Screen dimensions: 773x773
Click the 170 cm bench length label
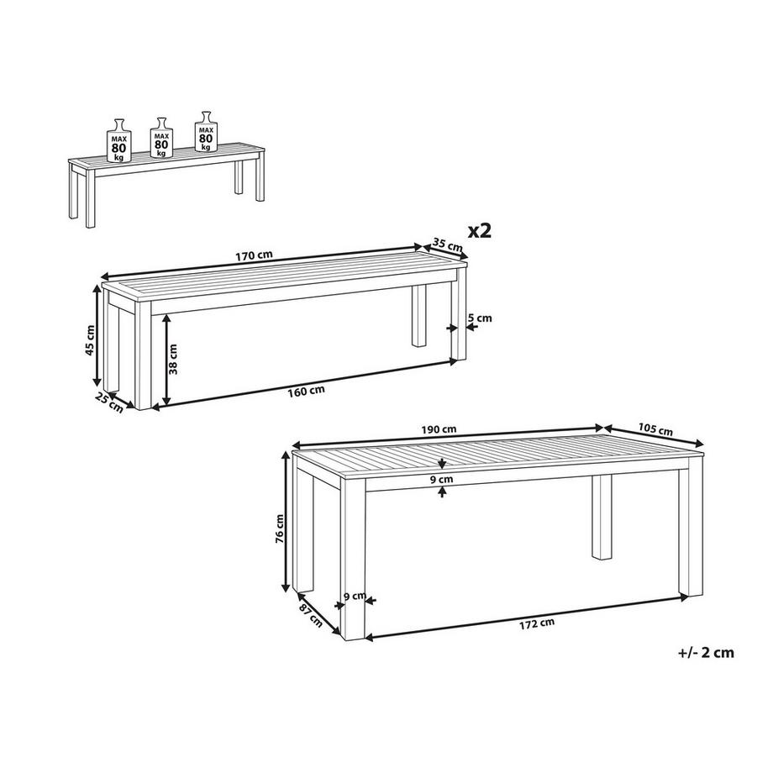[x=254, y=255]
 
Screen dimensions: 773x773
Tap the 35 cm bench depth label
[x=448, y=245]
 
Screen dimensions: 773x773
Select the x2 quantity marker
[x=480, y=231]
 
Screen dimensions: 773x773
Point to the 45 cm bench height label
[x=90, y=340]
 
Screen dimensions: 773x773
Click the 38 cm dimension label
[x=173, y=360]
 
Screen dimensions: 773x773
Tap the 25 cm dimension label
[x=109, y=402]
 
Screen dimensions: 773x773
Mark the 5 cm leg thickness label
[x=480, y=318]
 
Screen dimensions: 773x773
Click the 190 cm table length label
[x=439, y=429]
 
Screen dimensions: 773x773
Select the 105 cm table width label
[x=655, y=429]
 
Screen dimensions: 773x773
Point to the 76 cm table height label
[x=280, y=528]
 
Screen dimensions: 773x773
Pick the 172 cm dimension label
[x=536, y=623]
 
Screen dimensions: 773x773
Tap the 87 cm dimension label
[x=312, y=615]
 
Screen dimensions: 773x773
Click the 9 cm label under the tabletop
[x=442, y=479]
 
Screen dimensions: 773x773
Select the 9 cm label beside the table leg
[x=355, y=596]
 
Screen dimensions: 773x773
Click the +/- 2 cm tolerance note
[x=706, y=652]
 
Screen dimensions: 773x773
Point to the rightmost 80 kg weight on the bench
[x=206, y=132]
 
